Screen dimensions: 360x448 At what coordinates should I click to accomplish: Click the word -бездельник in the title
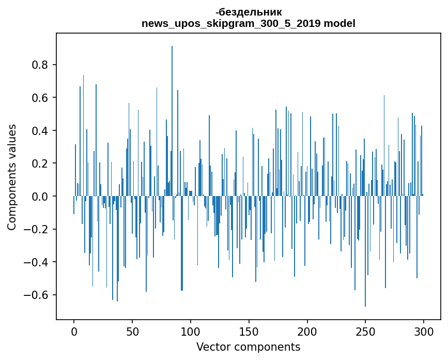tap(249, 12)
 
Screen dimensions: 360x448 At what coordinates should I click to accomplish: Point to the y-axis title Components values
tap(12, 177)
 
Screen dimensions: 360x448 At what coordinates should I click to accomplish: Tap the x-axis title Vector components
tap(248, 347)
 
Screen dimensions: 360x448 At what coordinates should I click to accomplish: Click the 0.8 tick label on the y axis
tap(40, 65)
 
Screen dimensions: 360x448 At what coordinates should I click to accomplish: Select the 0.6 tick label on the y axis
tap(40, 98)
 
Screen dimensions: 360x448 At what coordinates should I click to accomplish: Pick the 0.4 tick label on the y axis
tap(40, 131)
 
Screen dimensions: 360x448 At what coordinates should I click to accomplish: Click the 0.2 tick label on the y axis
tap(40, 163)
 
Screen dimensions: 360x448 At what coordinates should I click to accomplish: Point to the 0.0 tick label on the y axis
tap(40, 197)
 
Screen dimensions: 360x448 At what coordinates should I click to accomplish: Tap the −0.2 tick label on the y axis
tap(37, 229)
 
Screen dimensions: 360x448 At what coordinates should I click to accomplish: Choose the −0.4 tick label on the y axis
tap(37, 262)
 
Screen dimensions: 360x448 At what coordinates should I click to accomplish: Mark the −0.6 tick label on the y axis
tap(37, 295)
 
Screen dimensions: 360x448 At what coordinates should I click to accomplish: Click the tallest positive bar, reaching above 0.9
tap(172, 122)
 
